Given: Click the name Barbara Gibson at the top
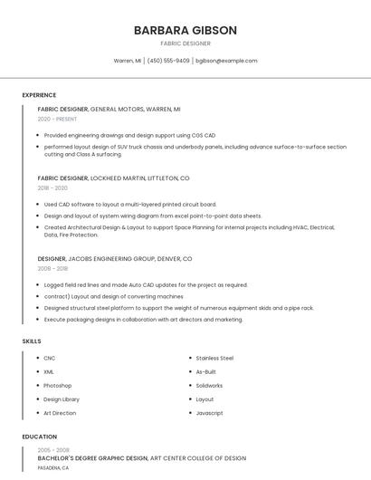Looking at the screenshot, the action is coord(185,30).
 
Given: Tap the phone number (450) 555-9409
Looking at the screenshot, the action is coord(168,61).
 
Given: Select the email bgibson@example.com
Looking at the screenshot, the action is coord(226,61).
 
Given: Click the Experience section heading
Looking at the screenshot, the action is coord(39,95).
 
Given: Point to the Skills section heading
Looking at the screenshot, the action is coord(32,341).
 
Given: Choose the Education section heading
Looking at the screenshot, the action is coord(40,437).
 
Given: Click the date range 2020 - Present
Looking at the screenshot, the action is coord(57,119).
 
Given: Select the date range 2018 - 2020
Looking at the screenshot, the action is coord(52,187).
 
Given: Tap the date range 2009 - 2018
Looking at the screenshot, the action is coord(52,269).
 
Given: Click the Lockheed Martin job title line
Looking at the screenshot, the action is coord(113,178).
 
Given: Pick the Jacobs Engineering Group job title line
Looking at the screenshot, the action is coord(115,259).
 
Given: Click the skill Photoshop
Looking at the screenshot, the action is coord(58,386).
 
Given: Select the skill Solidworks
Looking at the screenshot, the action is coord(209,386).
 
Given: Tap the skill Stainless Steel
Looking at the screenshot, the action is coord(214,358).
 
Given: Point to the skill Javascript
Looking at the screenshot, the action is coord(209,413).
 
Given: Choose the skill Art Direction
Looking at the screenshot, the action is coord(60,413).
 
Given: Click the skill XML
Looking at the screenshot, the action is coord(49,371).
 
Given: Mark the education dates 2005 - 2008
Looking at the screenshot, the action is coord(52,450).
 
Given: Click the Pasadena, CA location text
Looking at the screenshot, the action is coord(52,468).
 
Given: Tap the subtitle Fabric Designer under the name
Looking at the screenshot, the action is coord(185,43).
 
